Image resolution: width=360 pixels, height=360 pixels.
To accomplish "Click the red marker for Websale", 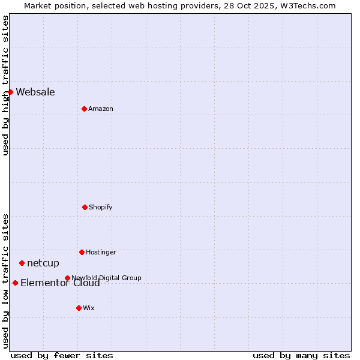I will (x=10, y=92).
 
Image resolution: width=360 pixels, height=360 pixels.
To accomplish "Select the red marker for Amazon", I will (x=84, y=109).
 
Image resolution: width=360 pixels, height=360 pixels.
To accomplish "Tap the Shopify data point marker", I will (x=85, y=207).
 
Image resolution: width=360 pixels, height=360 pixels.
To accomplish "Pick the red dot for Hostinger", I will (x=82, y=252).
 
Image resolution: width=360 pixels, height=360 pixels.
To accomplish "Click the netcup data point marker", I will (x=22, y=263).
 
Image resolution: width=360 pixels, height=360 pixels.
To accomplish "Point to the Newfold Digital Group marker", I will (x=67, y=278).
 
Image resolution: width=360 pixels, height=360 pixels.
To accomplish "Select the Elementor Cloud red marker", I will (x=15, y=283).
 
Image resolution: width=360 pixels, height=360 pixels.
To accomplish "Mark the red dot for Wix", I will (x=79, y=308).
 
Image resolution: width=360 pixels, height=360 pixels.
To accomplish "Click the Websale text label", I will (x=35, y=92).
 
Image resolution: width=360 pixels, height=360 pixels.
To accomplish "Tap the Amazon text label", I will (x=101, y=109).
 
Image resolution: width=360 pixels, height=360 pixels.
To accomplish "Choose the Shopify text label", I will (x=101, y=207).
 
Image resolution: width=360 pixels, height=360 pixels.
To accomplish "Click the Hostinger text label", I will (x=101, y=252).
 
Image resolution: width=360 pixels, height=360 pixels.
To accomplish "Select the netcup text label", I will (x=43, y=263).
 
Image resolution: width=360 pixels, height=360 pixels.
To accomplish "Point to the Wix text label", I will (x=89, y=308).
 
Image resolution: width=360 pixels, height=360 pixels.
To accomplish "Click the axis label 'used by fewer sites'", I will (x=62, y=355).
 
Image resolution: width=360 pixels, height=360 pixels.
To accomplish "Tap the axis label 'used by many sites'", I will (x=301, y=355).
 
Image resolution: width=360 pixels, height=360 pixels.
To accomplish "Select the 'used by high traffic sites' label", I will (x=5, y=86).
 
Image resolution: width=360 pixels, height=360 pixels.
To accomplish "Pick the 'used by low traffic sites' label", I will (x=5, y=281).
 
